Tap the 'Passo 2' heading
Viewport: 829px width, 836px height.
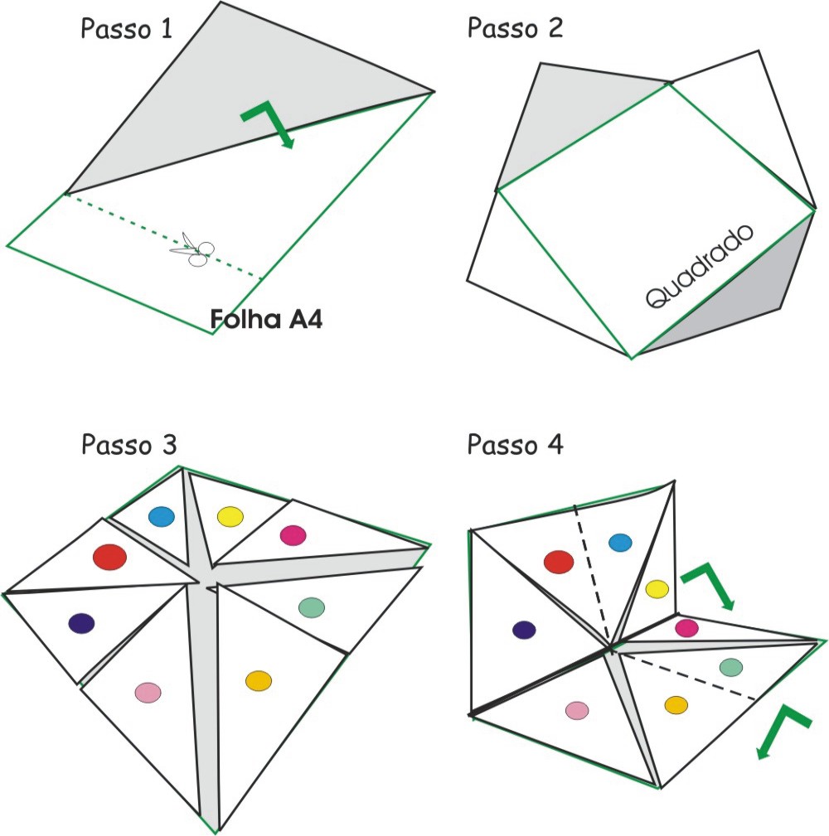click(x=515, y=28)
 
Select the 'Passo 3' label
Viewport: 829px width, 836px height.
click(x=128, y=445)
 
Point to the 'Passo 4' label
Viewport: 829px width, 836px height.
click(x=515, y=445)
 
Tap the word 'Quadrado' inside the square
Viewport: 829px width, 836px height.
click(x=700, y=267)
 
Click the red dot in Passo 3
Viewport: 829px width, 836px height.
click(x=109, y=556)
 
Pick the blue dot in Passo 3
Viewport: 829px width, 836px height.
click(x=162, y=517)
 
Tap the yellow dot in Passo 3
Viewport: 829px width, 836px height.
click(x=230, y=517)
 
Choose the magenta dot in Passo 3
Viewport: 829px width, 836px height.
click(x=293, y=535)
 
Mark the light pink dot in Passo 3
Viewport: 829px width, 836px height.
click(x=148, y=691)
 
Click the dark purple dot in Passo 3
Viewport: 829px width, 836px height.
click(x=81, y=623)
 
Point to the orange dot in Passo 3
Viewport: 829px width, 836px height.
click(x=259, y=680)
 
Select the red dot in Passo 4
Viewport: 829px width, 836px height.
click(x=559, y=563)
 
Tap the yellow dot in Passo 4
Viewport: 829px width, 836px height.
click(x=657, y=589)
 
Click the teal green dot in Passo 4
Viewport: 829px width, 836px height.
click(x=730, y=666)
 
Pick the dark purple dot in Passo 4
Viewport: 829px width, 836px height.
click(x=524, y=630)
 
